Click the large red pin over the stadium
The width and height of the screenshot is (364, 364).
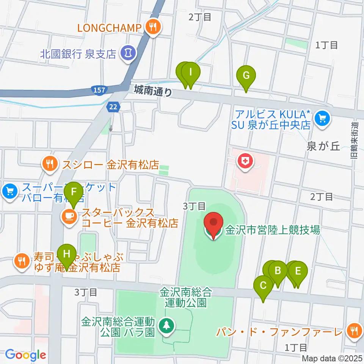coord(213,223)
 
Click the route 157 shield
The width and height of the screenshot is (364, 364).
coord(98,90)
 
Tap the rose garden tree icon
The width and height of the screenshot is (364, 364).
coord(166,326)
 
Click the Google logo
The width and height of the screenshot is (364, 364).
coord(25,355)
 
